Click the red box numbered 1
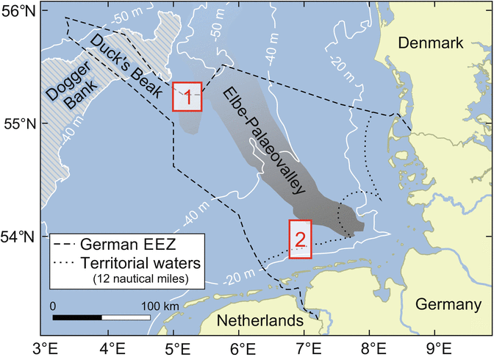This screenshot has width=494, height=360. [x=187, y=96]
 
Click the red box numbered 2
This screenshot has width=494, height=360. [x=300, y=239]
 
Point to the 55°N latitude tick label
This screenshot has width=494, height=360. [x=21, y=123]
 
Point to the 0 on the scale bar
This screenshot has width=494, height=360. [x=53, y=304]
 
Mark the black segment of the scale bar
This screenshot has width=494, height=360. [x=77, y=317]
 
